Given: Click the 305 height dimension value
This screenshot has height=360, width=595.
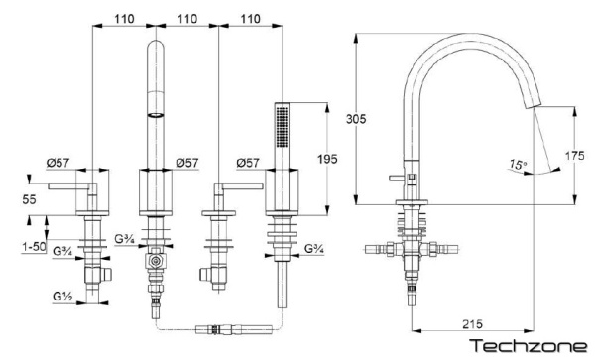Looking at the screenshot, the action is (x=356, y=119).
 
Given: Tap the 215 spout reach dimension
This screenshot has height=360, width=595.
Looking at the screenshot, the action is (x=472, y=324).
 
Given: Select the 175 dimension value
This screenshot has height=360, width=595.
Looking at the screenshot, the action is (x=575, y=155).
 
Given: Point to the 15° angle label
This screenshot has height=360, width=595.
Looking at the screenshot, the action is (x=518, y=165).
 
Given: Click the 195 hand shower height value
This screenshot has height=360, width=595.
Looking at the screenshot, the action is (x=327, y=159).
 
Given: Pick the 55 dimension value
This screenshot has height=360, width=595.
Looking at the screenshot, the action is (x=29, y=199).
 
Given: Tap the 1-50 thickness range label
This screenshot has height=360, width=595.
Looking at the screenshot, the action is (x=34, y=247).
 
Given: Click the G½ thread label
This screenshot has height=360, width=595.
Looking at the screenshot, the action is (x=63, y=296).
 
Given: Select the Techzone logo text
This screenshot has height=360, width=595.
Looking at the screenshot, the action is (x=529, y=346).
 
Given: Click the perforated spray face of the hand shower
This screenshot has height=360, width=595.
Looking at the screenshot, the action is (x=282, y=126).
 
